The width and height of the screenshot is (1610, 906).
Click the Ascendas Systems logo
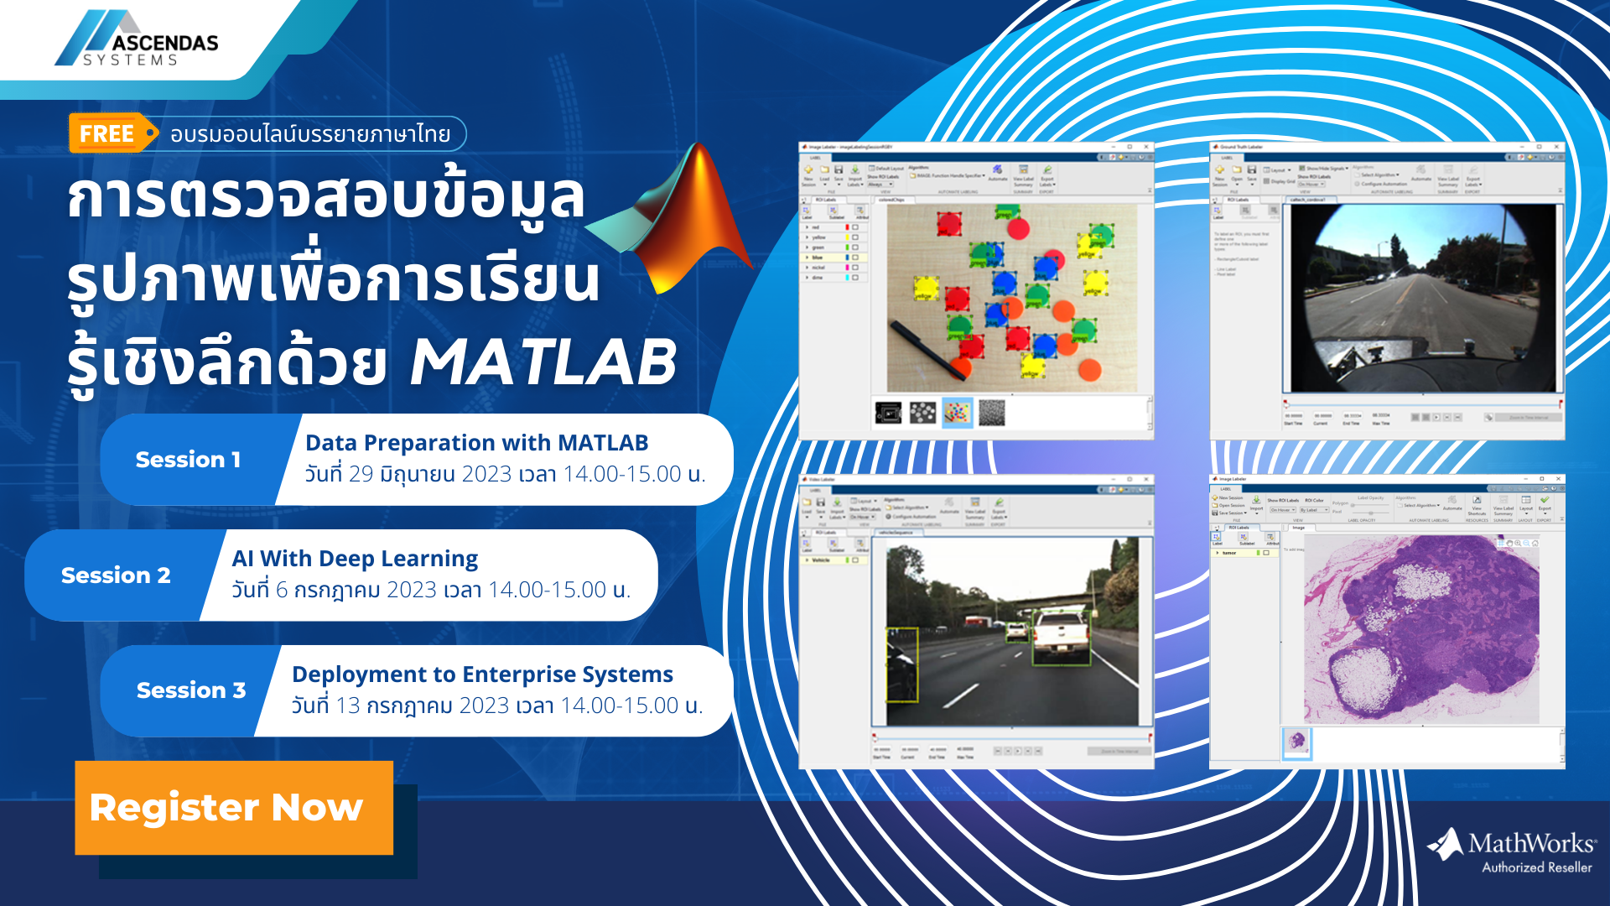point(137,39)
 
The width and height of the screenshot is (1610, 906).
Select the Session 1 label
point(188,460)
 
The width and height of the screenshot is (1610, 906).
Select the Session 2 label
point(116,575)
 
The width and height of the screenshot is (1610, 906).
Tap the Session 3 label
point(191,690)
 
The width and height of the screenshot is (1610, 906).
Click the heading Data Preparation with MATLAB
point(476,443)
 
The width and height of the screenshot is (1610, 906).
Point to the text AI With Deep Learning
point(355,559)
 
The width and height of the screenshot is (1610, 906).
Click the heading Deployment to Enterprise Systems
point(482,674)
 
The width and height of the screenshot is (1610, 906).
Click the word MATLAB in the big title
point(543,363)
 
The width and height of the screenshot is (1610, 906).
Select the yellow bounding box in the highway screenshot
point(902,664)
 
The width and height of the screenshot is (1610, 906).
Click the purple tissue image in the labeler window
point(1421,629)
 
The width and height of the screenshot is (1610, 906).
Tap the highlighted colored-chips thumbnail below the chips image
point(957,413)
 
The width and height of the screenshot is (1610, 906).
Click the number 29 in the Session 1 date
point(361,475)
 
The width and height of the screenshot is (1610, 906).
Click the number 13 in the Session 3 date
point(347,706)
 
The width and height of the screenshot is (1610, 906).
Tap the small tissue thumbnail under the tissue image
point(1296,742)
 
